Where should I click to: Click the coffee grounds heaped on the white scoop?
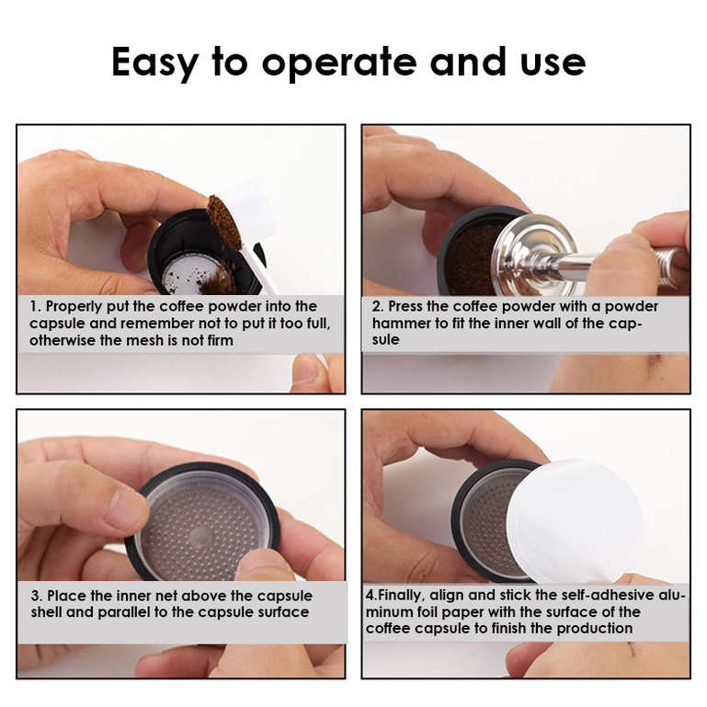[224, 222]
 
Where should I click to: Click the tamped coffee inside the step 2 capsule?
[473, 258]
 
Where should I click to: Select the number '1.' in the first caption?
[36, 307]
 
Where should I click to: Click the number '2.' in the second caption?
[378, 307]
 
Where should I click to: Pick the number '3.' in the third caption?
[37, 596]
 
